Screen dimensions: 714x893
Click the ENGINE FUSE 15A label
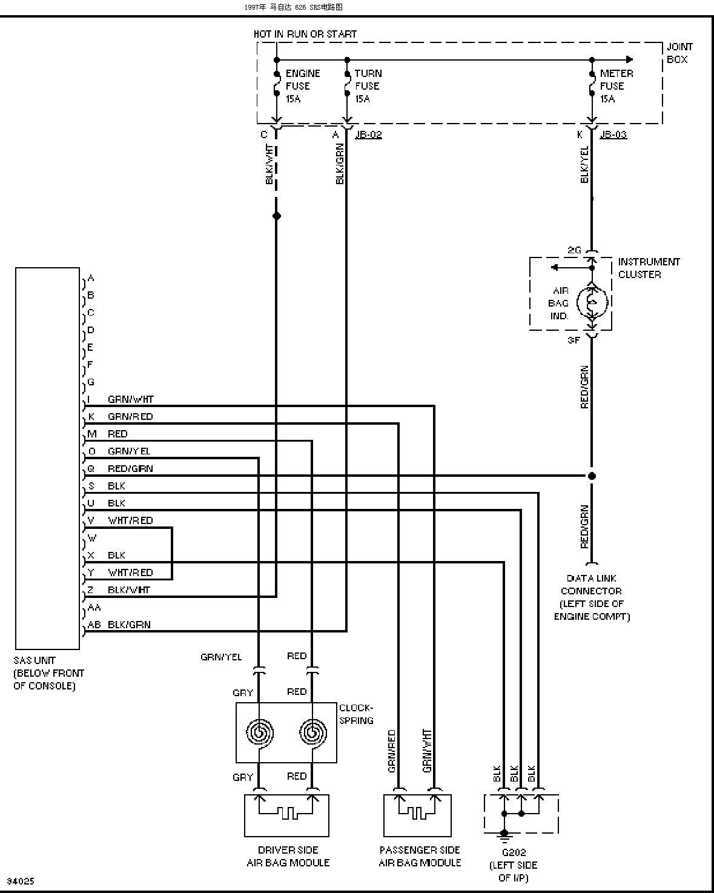(x=303, y=86)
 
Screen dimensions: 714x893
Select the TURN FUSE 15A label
(x=368, y=86)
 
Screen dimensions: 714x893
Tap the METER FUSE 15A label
(x=616, y=86)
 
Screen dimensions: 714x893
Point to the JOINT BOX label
(x=679, y=53)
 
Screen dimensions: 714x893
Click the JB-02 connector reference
(x=368, y=134)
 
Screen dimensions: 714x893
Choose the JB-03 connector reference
(x=613, y=134)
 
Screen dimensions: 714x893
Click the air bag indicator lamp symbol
(x=592, y=302)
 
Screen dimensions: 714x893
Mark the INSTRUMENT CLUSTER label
(x=649, y=268)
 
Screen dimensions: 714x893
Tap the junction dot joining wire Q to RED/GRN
(x=592, y=476)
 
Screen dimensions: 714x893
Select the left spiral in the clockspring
(x=260, y=732)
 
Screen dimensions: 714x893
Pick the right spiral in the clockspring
(x=313, y=732)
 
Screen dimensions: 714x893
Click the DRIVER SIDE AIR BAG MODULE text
(x=288, y=857)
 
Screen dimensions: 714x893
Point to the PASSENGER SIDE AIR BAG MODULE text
(x=420, y=857)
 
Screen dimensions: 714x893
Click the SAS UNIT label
(x=35, y=660)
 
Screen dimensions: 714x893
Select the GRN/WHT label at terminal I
(x=131, y=399)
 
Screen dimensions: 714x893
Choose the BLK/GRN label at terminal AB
(x=129, y=625)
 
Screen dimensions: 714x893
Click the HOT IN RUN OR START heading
(x=305, y=34)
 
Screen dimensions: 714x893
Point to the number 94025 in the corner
(x=21, y=881)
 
